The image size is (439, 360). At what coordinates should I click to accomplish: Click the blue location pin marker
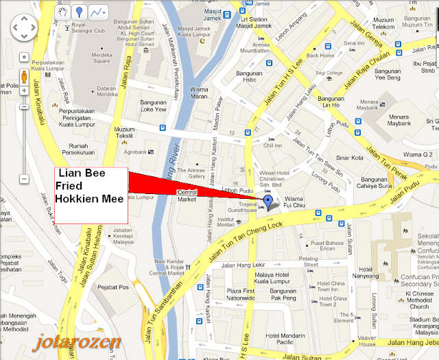tap(268, 200)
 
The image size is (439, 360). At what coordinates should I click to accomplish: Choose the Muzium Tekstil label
tap(124, 132)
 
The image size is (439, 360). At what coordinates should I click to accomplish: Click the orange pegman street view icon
tap(23, 75)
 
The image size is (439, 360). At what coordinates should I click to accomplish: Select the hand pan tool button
tap(62, 12)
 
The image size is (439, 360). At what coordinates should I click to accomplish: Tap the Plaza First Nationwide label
tap(240, 276)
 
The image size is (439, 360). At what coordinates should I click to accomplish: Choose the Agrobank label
tap(137, 154)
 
